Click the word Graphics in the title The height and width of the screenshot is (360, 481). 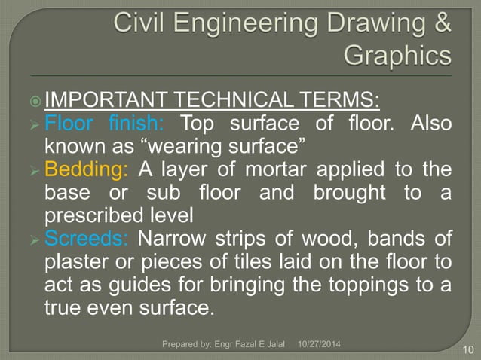point(397,55)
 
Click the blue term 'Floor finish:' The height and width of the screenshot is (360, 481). point(109,122)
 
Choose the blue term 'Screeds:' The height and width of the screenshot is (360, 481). point(84,239)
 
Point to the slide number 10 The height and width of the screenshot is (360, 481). point(467,349)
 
